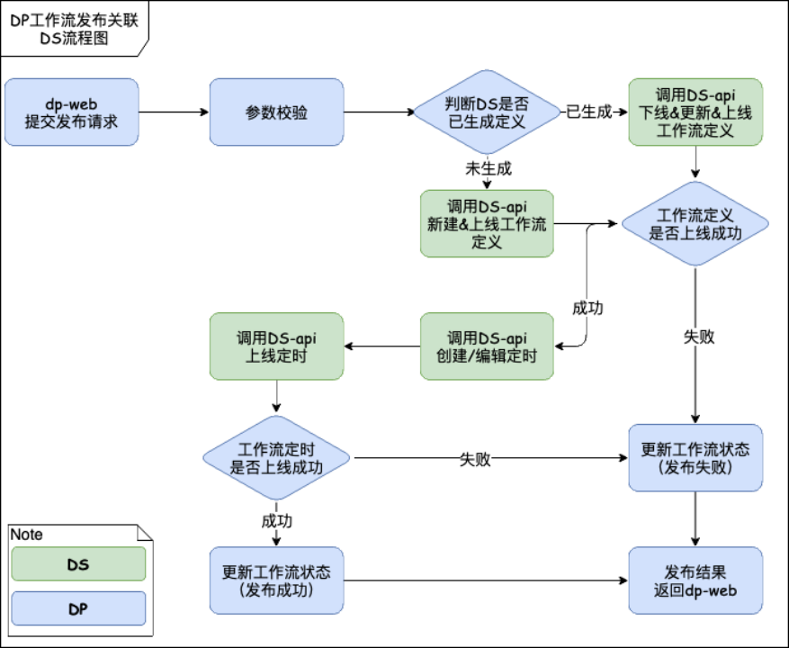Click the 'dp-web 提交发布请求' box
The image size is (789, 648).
[72, 112]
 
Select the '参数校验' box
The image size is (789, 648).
[276, 112]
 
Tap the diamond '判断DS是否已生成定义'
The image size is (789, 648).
[486, 112]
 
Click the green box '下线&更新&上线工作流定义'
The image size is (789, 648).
[695, 112]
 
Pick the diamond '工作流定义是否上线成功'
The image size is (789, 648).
[695, 224]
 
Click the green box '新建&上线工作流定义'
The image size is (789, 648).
[487, 223]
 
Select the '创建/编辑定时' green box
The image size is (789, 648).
[487, 346]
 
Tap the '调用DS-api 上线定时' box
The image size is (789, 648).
[276, 346]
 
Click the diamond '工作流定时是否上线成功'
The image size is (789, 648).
[276, 458]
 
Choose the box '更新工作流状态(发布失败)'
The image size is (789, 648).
[695, 458]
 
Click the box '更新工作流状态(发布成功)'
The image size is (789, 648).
[276, 580]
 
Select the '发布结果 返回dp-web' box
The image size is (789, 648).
[695, 580]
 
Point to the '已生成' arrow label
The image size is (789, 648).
[587, 112]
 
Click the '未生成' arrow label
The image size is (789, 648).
[487, 167]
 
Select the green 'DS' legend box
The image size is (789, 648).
[78, 564]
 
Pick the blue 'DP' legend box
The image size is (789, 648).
[78, 608]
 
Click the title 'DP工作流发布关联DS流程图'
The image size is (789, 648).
[74, 30]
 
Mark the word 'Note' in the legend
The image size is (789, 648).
[27, 535]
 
